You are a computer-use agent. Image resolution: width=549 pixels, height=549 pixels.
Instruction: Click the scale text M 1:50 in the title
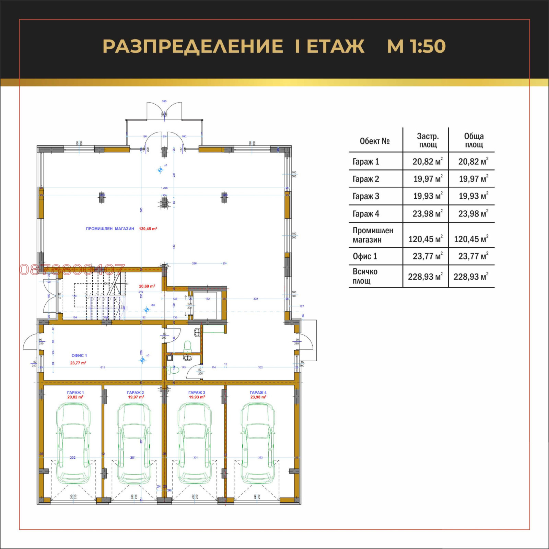point(416,46)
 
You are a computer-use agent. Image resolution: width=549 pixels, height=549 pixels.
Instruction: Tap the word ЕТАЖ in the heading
point(335,46)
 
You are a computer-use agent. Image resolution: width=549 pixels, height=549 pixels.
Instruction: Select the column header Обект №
point(374,141)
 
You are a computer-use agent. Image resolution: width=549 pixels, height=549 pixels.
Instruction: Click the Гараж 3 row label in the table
point(366,196)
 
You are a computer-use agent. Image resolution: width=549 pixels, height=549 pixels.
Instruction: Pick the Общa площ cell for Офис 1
point(473,256)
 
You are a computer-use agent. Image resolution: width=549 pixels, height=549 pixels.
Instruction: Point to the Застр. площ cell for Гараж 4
point(427,214)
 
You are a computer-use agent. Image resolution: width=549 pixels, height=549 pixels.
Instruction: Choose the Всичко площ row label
point(365,276)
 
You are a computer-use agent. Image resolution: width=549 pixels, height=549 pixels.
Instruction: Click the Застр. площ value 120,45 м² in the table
point(425,239)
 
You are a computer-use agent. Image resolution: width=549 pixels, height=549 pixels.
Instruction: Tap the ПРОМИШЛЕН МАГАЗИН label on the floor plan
point(110,229)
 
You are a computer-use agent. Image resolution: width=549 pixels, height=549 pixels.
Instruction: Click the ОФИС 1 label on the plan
point(79,355)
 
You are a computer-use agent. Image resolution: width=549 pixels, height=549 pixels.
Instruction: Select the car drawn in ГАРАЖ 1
point(73,443)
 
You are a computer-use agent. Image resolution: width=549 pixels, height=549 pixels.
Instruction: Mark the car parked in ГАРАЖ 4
point(258,443)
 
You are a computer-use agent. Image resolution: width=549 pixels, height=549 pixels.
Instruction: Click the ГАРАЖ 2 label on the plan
point(135,393)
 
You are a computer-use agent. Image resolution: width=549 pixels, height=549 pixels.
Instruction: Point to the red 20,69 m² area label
point(147,286)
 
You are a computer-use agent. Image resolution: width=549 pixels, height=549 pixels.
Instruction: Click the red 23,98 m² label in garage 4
point(258,397)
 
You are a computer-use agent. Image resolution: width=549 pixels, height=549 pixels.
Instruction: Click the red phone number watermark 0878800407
point(72,269)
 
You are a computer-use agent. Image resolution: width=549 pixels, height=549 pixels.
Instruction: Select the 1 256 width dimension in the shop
point(164,188)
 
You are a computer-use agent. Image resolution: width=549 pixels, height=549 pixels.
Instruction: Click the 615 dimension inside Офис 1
point(103,367)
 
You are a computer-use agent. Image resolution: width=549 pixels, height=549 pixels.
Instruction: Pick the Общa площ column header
point(474,140)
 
